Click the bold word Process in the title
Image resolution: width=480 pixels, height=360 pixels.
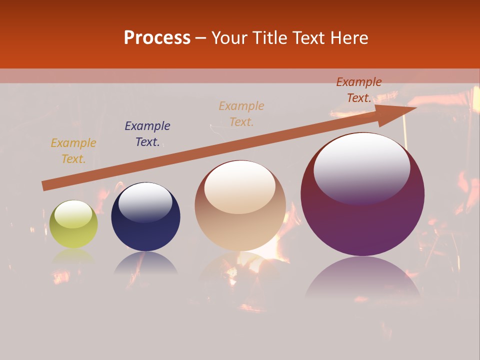click(157, 38)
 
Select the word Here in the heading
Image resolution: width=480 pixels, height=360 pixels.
click(348, 38)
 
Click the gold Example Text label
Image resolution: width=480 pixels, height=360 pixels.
click(73, 151)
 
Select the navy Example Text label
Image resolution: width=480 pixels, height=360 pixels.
click(147, 134)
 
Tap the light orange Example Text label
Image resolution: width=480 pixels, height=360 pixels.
click(241, 114)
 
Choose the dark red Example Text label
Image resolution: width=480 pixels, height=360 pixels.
click(359, 90)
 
